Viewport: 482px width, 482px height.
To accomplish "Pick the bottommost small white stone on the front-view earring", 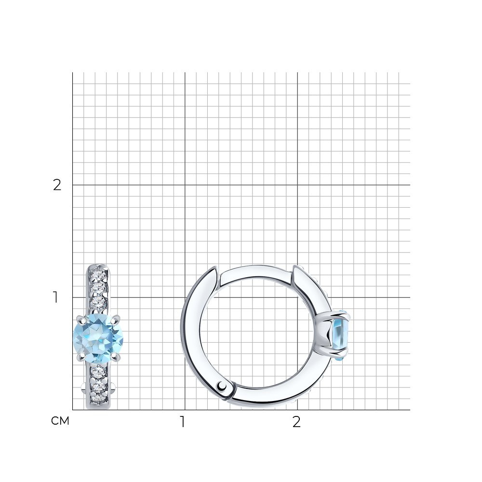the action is (98, 399).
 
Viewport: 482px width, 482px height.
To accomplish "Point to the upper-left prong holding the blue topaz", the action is (80, 320).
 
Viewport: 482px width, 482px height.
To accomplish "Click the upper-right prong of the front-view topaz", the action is (116, 320).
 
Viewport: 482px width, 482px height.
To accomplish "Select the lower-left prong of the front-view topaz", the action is (80, 357).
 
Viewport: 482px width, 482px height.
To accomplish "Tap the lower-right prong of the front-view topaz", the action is (116, 356).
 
